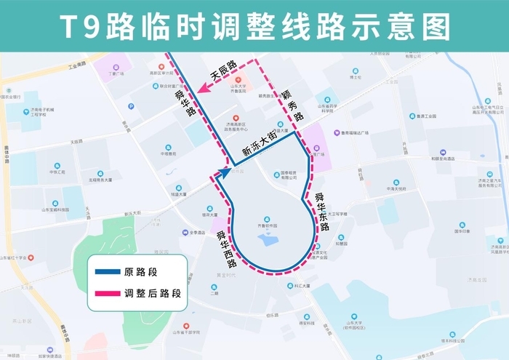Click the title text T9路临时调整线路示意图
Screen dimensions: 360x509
click(x=254, y=27)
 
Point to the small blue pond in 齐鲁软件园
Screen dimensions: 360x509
click(x=268, y=239)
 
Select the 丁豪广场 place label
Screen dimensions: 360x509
click(x=116, y=73)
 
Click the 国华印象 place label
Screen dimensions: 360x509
click(x=463, y=231)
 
